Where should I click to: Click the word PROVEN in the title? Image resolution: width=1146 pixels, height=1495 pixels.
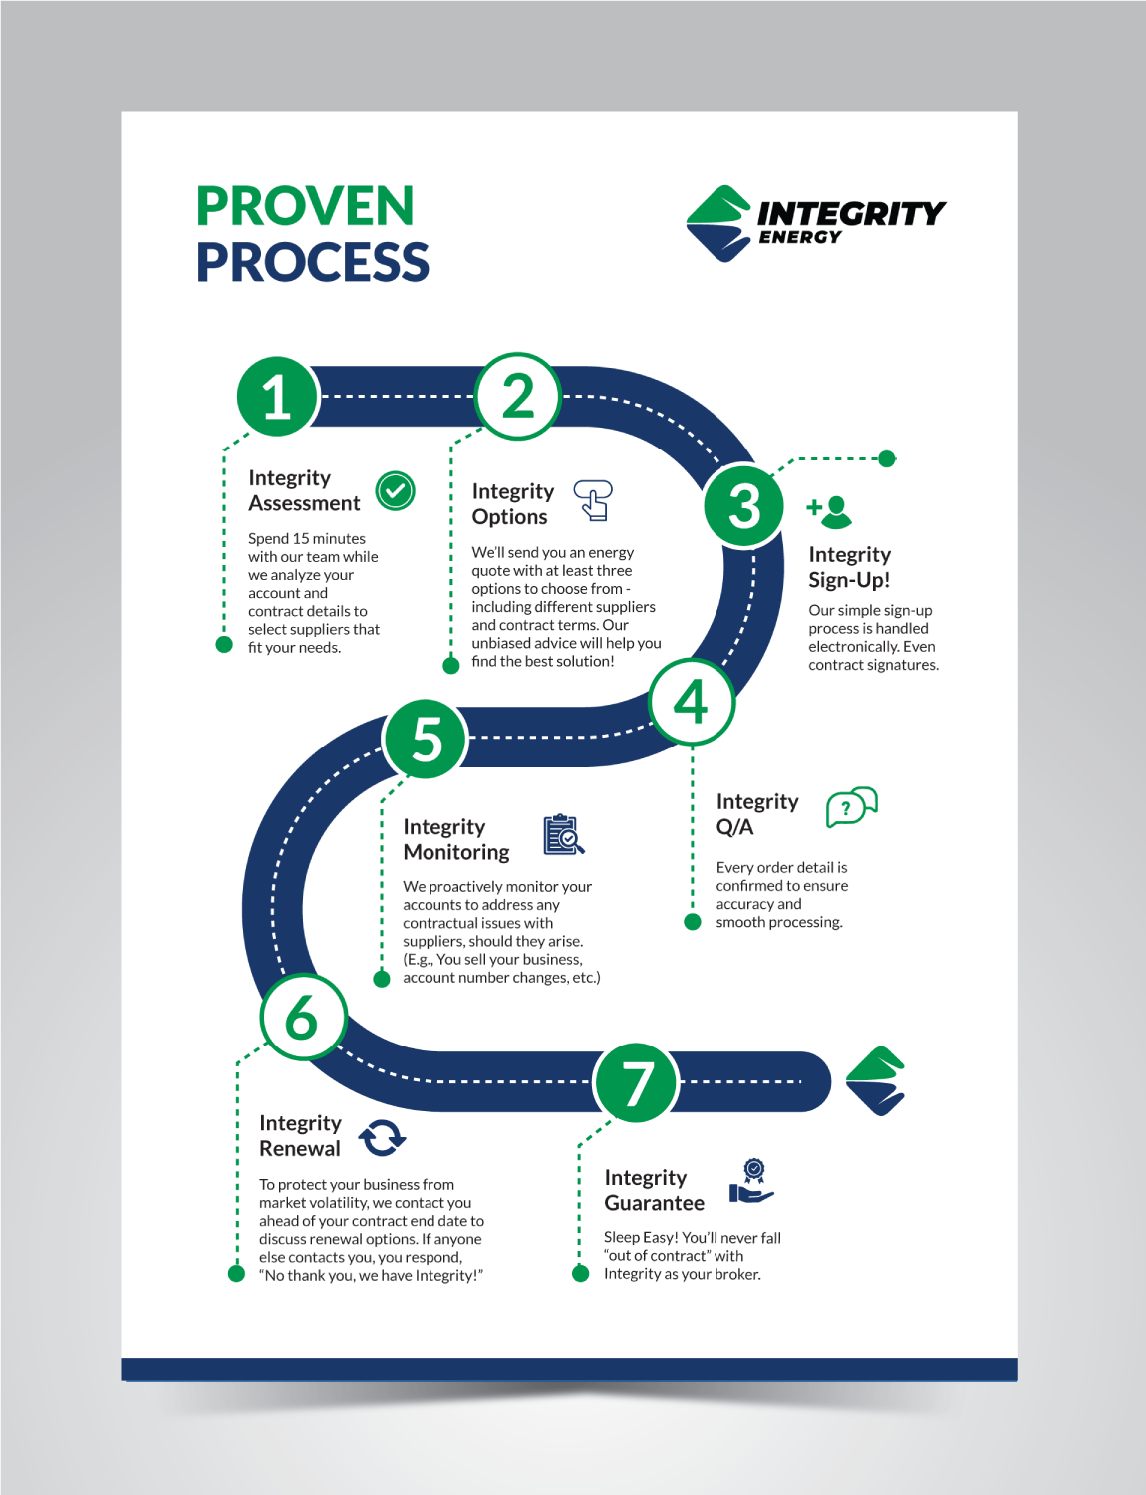(x=305, y=206)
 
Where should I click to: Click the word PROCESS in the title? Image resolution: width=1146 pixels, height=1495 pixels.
(x=312, y=262)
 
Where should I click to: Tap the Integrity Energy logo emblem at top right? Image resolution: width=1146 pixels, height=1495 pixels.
(x=717, y=223)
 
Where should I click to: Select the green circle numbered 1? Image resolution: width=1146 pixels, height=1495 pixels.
(x=277, y=396)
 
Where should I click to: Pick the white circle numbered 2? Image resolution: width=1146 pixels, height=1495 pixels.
(x=518, y=396)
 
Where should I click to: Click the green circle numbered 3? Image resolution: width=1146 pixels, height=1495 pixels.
(x=743, y=505)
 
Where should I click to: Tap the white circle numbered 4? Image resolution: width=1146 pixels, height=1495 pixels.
(x=692, y=702)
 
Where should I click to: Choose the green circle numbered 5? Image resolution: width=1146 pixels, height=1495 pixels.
(x=426, y=739)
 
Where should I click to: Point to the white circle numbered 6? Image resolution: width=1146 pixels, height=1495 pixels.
(x=303, y=1018)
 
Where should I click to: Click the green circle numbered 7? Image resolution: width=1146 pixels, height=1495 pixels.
(x=636, y=1082)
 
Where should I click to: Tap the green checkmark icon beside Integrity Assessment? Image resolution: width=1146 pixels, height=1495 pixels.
(x=395, y=490)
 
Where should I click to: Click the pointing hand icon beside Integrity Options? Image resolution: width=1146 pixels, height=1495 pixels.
(x=594, y=500)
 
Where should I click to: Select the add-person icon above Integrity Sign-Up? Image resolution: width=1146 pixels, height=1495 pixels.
(x=830, y=511)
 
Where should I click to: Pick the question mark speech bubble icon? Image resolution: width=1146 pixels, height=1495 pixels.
(x=851, y=806)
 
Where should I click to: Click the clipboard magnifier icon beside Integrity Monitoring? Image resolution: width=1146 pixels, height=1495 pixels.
(x=563, y=835)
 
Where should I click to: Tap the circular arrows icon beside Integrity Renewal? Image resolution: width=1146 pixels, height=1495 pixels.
(x=382, y=1137)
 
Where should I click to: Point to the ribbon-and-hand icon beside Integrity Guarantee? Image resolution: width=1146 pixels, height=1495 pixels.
(x=751, y=1181)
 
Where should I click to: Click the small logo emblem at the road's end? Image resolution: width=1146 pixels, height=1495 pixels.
(x=875, y=1081)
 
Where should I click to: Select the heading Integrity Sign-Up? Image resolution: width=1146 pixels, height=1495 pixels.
(x=849, y=567)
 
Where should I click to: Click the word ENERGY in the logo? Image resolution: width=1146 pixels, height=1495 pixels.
(x=800, y=237)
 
